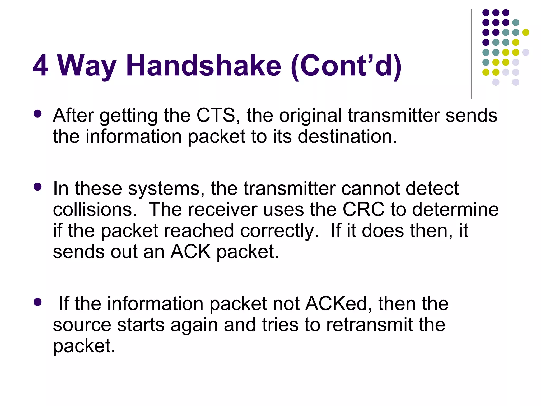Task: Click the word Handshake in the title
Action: click(x=204, y=65)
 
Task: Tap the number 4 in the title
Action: click(x=40, y=65)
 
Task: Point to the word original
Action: click(x=310, y=116)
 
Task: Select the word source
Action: click(x=82, y=325)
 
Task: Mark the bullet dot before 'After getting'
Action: click(x=38, y=114)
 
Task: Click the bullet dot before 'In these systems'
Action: click(x=38, y=187)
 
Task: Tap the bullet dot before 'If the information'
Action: click(x=38, y=302)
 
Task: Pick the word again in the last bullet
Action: click(x=194, y=325)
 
